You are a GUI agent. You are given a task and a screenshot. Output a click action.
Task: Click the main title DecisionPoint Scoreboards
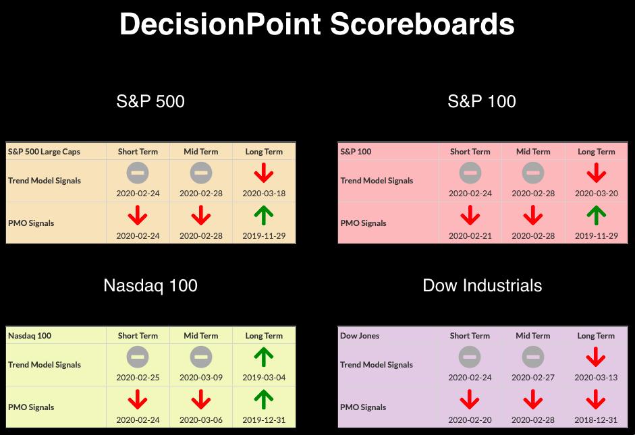coord(317,24)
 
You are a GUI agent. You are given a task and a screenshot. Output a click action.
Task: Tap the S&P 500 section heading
coord(150,101)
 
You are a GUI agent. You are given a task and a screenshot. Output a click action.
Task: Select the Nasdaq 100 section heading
coord(150,286)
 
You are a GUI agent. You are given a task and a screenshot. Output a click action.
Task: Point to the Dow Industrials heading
coord(482,286)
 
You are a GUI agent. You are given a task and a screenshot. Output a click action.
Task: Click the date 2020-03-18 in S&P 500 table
coord(264,194)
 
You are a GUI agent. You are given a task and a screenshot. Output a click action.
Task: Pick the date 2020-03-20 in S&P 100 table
coord(597,194)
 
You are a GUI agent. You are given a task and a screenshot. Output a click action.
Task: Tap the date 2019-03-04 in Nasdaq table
coord(264,378)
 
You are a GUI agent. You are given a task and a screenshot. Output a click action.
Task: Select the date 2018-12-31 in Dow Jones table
coord(596,420)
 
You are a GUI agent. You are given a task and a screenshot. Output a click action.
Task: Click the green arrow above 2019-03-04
coord(264,357)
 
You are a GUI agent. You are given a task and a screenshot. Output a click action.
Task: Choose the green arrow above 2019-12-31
coord(264,400)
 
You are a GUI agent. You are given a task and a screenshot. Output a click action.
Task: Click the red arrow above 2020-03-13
coord(596,357)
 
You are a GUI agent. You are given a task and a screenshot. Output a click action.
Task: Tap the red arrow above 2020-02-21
coord(470,215)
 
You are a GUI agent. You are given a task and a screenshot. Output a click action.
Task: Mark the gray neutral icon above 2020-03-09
coord(201,357)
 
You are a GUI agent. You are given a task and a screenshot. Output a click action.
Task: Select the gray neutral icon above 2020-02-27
coord(533,357)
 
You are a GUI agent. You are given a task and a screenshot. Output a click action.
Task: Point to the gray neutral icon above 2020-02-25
coord(138,357)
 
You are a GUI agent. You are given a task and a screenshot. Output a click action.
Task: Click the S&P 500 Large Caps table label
coord(44,152)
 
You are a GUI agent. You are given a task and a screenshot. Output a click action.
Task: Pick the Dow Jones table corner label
coord(360,335)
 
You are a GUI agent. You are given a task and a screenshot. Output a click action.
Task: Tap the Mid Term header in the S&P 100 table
coord(533,152)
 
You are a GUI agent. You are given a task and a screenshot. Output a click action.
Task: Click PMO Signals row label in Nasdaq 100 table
coord(31,407)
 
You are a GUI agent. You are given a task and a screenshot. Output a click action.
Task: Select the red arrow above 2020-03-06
coord(201,400)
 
